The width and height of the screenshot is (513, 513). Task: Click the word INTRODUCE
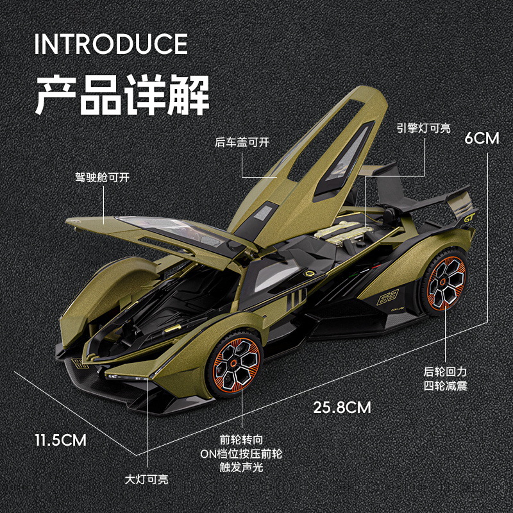pyautogui.click(x=111, y=44)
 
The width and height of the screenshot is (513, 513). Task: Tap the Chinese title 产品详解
pyautogui.click(x=122, y=95)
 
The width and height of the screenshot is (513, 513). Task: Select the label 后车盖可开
pyautogui.click(x=242, y=142)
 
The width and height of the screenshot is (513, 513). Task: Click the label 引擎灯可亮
pyautogui.click(x=424, y=128)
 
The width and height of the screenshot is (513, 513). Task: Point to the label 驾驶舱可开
pyautogui.click(x=103, y=178)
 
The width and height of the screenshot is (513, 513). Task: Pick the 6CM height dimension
pyautogui.click(x=482, y=139)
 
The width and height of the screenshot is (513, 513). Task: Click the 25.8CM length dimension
pyautogui.click(x=342, y=407)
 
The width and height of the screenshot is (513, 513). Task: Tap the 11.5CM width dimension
pyautogui.click(x=61, y=440)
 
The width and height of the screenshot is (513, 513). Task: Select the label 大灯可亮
pyautogui.click(x=147, y=480)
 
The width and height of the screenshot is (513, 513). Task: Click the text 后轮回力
pyautogui.click(x=445, y=372)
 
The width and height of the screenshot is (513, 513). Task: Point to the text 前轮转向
pyautogui.click(x=242, y=440)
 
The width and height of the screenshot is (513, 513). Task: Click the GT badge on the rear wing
pyautogui.click(x=469, y=217)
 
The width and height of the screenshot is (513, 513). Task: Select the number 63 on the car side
pyautogui.click(x=387, y=297)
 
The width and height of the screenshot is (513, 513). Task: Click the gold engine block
pyautogui.click(x=342, y=232)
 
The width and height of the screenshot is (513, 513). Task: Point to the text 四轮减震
pyautogui.click(x=445, y=386)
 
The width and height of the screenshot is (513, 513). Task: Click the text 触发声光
pyautogui.click(x=242, y=467)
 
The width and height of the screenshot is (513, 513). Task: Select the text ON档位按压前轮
pyautogui.click(x=241, y=453)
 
